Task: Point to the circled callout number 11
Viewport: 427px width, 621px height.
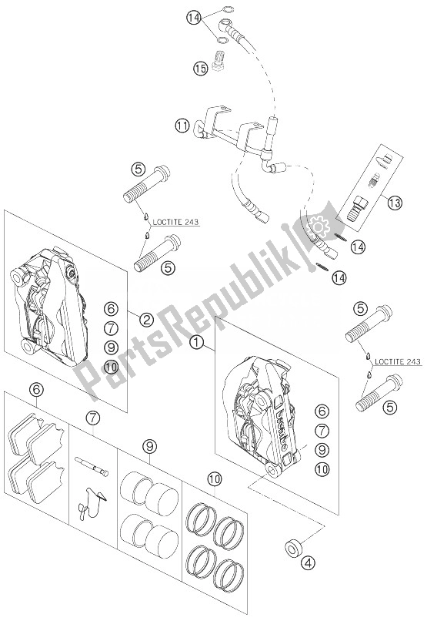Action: pos(182,124)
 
